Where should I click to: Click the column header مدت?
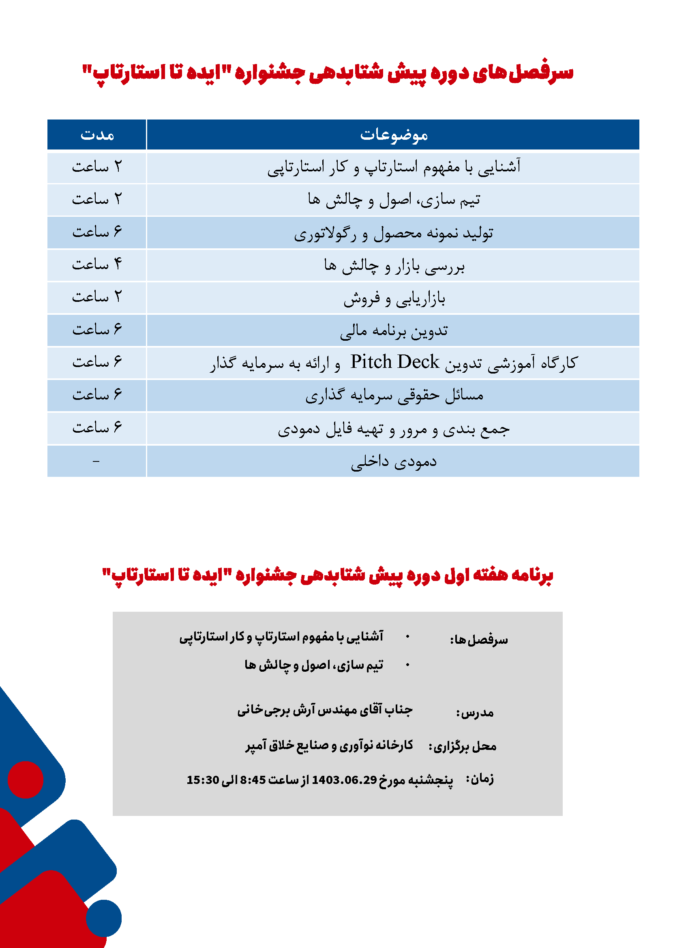tap(97, 135)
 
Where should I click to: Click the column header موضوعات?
tap(393, 135)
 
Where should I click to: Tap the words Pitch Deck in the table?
tap(394, 362)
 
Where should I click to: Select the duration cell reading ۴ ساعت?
tap(97, 264)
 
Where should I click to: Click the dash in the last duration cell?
tap(96, 461)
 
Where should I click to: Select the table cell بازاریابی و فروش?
tap(394, 298)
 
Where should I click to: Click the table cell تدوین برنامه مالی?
tap(394, 331)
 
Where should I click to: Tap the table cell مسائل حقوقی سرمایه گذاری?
tap(394, 395)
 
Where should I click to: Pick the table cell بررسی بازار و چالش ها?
tap(394, 265)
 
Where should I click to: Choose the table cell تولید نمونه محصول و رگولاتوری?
tap(393, 233)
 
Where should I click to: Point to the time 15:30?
tap(203, 780)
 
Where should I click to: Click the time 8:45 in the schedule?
tap(253, 780)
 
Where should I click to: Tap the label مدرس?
tap(474, 712)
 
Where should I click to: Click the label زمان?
tap(480, 779)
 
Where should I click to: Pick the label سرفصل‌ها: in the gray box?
tap(479, 640)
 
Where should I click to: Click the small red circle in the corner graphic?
tap(26, 779)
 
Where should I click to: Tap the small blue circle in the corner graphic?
tap(104, 918)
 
